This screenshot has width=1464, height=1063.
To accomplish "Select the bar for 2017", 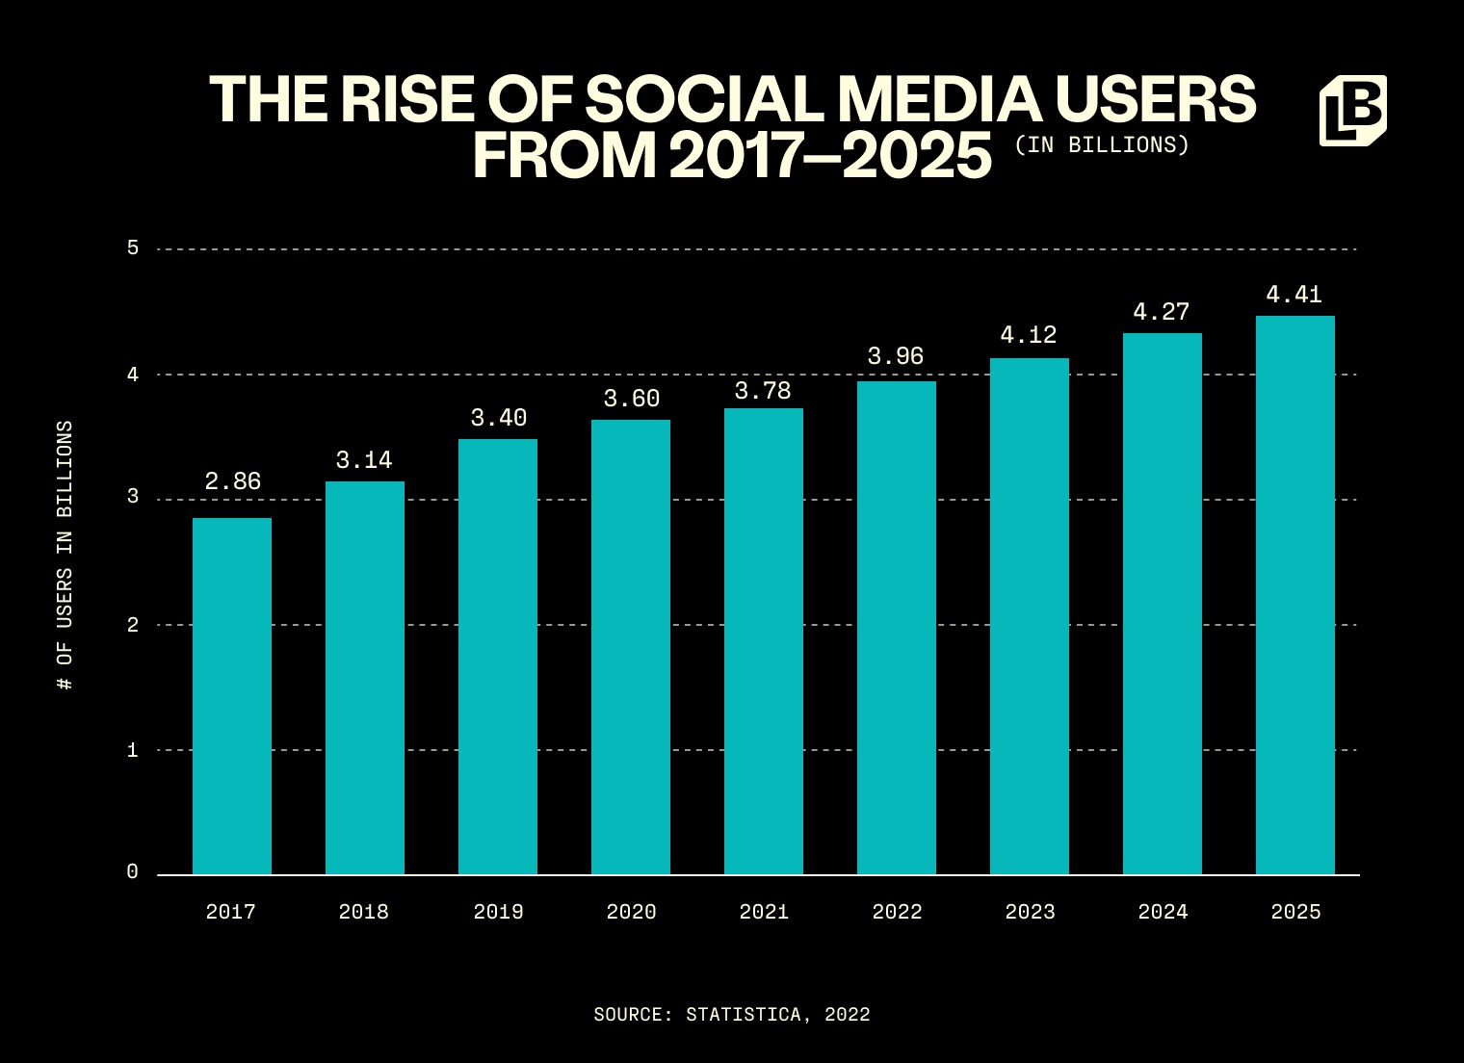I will pos(232,696).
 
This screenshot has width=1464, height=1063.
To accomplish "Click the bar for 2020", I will pos(631,647).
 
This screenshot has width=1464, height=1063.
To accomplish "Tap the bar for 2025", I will pos(1295,595).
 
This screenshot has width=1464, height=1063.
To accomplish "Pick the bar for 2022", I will pos(897,628).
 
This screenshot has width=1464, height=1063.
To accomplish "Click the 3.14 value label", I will pos(364,460).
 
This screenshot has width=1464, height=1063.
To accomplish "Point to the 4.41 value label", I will pos(1294,295).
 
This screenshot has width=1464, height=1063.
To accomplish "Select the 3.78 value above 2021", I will pos(763,391).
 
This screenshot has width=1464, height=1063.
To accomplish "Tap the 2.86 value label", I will pos(232,481).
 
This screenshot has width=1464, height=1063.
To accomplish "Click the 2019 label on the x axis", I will pos(498,912).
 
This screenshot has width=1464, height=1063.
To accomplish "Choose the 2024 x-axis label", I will pos(1163,912).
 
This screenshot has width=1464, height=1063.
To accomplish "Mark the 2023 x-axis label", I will pos(1030,912).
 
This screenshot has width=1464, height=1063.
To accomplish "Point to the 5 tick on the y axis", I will pos(133,248).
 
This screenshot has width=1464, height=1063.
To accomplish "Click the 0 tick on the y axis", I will pos(133,872).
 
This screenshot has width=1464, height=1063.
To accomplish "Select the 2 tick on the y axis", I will pos(133,625).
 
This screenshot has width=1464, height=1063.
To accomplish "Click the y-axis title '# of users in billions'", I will pos(65,556).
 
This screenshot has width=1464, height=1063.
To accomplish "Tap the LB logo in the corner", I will pos(1352,111).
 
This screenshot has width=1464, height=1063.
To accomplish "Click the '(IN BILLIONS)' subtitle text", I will pos(1102,145).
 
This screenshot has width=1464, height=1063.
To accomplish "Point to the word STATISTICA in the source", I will pos(743,1015).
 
